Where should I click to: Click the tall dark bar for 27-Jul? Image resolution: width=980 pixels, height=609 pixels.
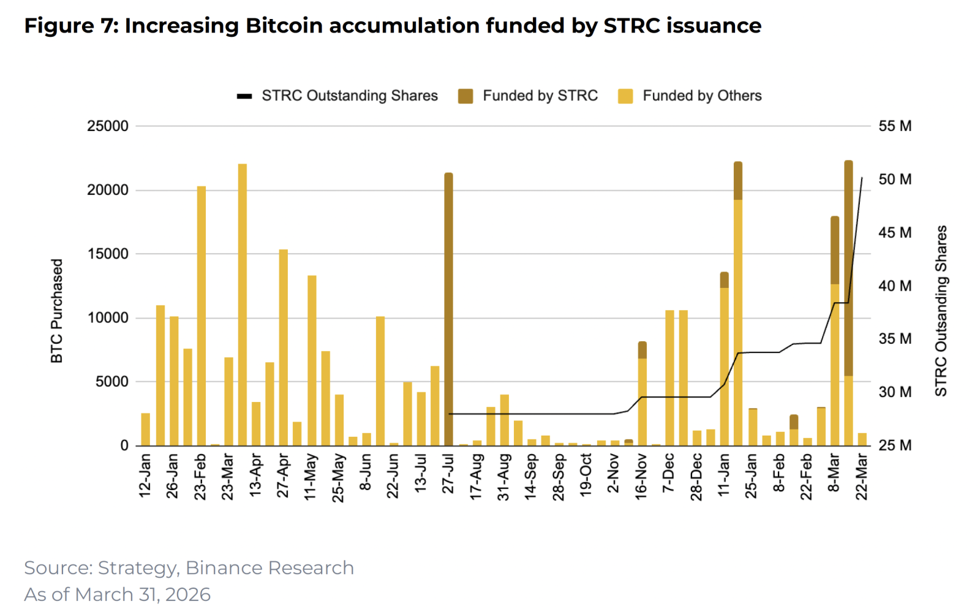click(448, 309)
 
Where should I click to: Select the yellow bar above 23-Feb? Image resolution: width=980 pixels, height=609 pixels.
click(202, 316)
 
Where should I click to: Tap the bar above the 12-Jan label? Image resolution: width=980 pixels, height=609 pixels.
click(146, 429)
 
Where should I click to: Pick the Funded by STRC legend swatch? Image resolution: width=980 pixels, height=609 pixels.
click(466, 96)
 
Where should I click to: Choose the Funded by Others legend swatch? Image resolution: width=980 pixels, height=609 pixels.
click(625, 96)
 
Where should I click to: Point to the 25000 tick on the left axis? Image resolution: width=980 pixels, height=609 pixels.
click(108, 126)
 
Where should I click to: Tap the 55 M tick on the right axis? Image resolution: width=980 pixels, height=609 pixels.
click(895, 126)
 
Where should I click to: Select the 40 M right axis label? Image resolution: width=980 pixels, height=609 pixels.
click(895, 286)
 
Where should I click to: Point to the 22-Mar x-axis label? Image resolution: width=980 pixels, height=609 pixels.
click(862, 477)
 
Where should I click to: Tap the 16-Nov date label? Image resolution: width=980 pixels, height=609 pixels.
click(641, 477)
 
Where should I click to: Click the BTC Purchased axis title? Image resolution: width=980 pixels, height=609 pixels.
click(57, 311)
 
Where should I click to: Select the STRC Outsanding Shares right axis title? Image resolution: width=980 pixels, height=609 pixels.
click(941, 311)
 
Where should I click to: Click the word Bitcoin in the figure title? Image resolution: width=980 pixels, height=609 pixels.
click(284, 26)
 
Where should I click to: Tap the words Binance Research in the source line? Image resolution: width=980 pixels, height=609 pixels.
click(269, 568)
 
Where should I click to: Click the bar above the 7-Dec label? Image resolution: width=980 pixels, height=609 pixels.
click(670, 377)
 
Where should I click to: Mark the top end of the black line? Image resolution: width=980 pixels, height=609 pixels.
click(862, 178)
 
